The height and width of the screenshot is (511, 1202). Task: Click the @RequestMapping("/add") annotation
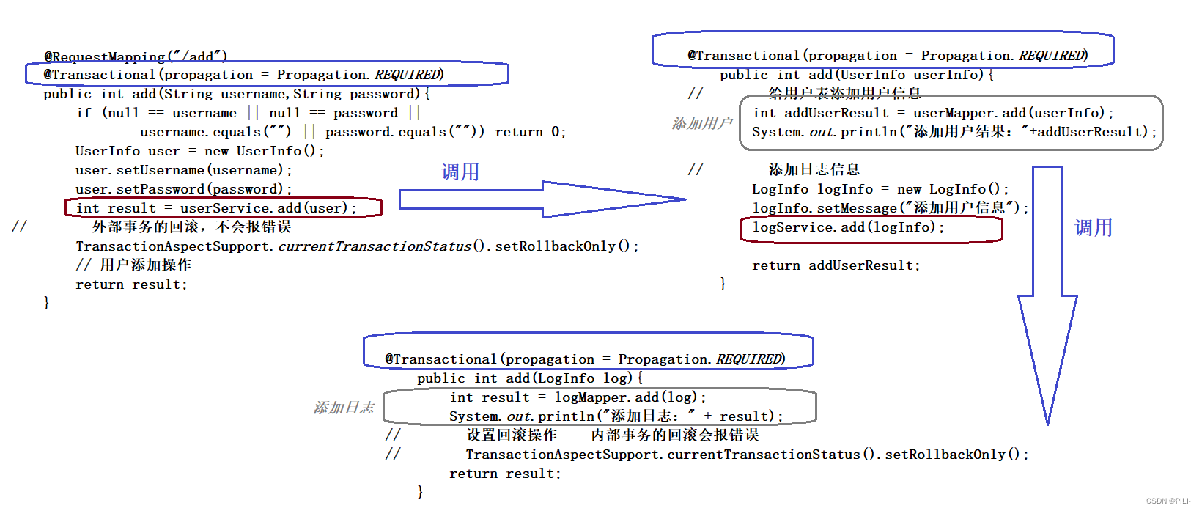(x=136, y=56)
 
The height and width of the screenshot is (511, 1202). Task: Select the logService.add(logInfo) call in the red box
(x=848, y=227)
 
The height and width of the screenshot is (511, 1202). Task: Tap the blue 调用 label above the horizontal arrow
(x=460, y=172)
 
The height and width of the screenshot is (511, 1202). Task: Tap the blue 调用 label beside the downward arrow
(x=1093, y=228)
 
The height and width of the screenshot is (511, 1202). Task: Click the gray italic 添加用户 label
(x=701, y=123)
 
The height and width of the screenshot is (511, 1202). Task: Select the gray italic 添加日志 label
(x=344, y=408)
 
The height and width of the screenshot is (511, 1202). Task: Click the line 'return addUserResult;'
(x=836, y=265)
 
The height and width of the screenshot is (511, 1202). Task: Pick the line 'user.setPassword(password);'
(x=183, y=189)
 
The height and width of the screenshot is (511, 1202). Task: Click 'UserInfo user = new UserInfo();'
(x=199, y=151)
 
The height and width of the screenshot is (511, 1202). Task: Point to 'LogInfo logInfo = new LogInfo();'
(x=880, y=189)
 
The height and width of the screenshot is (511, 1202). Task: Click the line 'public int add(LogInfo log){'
(x=529, y=378)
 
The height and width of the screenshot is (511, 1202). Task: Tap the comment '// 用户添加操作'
(x=133, y=265)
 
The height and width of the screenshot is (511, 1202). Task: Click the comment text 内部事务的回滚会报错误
(x=674, y=435)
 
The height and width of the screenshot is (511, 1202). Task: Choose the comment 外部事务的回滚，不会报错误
(x=191, y=227)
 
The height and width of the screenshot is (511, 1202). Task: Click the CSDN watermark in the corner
(x=1168, y=501)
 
